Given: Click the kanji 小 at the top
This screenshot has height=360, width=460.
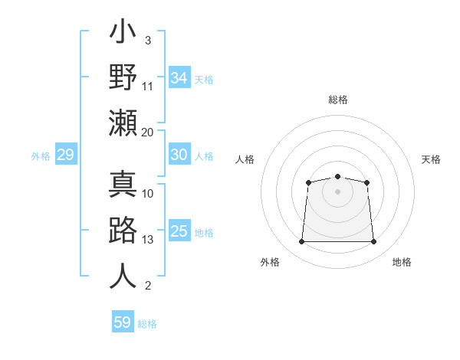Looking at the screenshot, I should point(123,34).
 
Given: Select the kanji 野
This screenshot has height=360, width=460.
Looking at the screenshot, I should point(123,77).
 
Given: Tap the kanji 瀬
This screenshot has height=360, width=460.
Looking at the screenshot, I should point(123,123).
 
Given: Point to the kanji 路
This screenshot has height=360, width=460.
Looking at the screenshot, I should point(123,231).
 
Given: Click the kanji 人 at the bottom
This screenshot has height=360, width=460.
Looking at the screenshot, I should point(123,276).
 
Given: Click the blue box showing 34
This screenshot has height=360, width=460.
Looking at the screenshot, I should point(179,78).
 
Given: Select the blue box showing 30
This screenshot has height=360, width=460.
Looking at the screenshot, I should point(179,155).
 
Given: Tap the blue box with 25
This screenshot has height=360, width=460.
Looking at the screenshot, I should point(179,231).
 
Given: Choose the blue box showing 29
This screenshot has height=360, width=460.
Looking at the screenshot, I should point(65,155).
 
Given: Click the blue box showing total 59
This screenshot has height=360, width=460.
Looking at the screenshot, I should point(123,322).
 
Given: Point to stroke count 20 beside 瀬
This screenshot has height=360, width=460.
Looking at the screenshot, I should point(147,132).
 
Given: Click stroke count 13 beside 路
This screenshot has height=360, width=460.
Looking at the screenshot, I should point(148,240).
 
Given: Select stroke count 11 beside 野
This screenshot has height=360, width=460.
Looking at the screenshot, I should point(148,87).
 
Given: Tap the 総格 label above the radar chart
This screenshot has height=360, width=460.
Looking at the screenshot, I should point(338,100).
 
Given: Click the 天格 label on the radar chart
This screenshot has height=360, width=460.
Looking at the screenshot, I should point(431,159).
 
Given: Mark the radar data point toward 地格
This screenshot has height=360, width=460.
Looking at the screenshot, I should point(374,242).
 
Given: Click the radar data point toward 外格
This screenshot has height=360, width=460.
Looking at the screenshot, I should point(301,242).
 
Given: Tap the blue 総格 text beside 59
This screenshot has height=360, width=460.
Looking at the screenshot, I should point(147,324).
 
